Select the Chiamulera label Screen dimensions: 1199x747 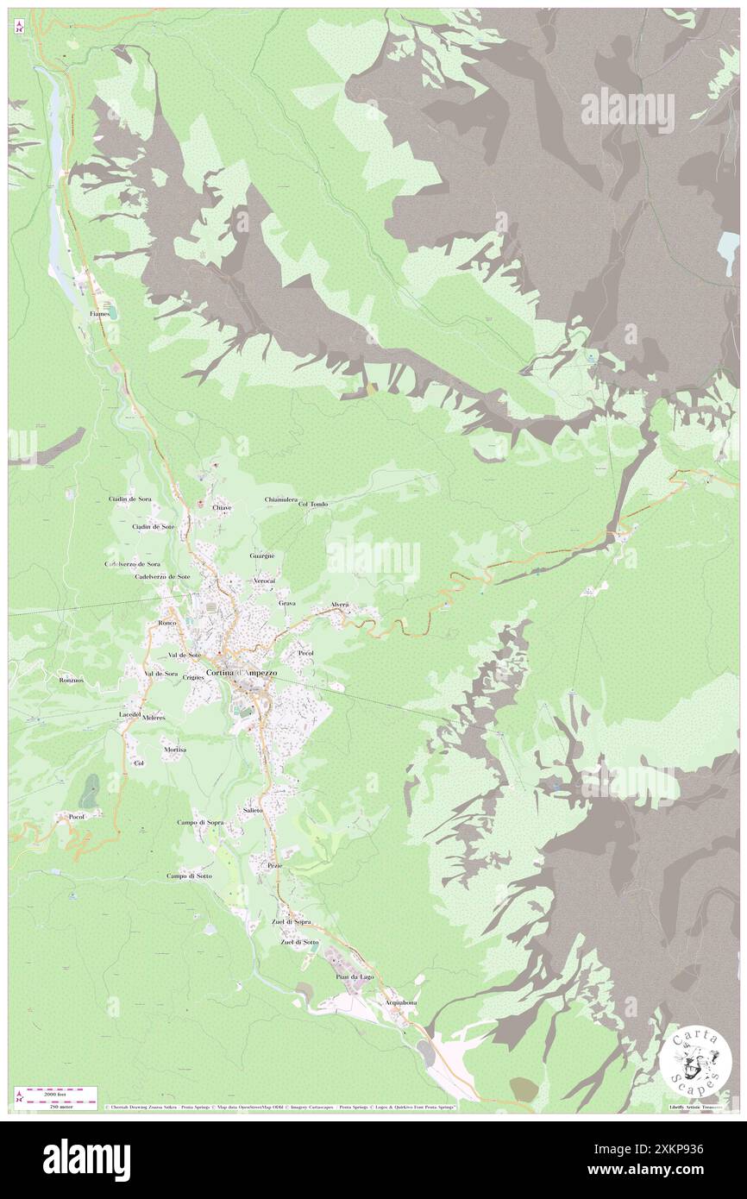tap(281, 499)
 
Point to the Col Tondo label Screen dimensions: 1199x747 tap(313, 504)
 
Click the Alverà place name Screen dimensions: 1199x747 tap(339, 605)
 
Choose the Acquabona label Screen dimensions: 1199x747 tap(401, 1002)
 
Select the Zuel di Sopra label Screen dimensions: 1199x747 tap(291, 921)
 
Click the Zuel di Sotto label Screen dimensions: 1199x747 tap(299, 942)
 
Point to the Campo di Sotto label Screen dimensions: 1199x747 tap(189, 876)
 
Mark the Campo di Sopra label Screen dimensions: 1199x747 tap(200, 822)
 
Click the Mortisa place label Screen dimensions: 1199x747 tap(175, 750)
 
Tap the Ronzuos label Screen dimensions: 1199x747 tap(71, 680)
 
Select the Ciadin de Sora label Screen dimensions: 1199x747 tap(130, 499)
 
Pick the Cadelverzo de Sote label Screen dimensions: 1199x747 tap(162, 575)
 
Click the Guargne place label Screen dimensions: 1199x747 tap(262, 556)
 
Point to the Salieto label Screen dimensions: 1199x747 tap(253, 811)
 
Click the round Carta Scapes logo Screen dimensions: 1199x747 tap(695, 1060)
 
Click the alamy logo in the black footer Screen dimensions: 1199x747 tap(86, 1158)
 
